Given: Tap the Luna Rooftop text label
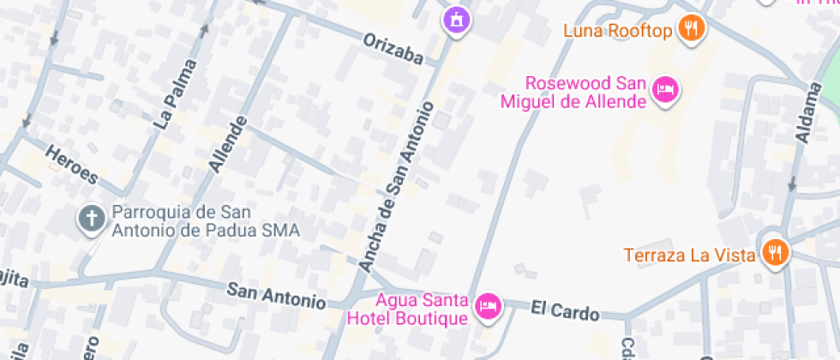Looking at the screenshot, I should click(x=615, y=32).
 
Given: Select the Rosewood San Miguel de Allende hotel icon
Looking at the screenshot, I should click(x=666, y=88).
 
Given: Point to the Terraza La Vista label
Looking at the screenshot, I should click(x=689, y=255).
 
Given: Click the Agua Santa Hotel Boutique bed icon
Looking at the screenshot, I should click(x=489, y=304).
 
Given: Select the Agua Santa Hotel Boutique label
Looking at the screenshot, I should click(x=408, y=309).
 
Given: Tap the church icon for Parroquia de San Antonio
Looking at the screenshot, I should click(x=90, y=219).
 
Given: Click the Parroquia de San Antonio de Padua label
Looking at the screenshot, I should click(x=205, y=221).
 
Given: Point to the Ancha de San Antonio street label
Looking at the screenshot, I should click(x=397, y=187).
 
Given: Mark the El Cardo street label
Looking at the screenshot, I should click(x=564, y=311).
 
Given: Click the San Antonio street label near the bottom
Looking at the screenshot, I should click(x=276, y=297).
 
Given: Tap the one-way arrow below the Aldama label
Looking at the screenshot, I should click(x=792, y=184).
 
